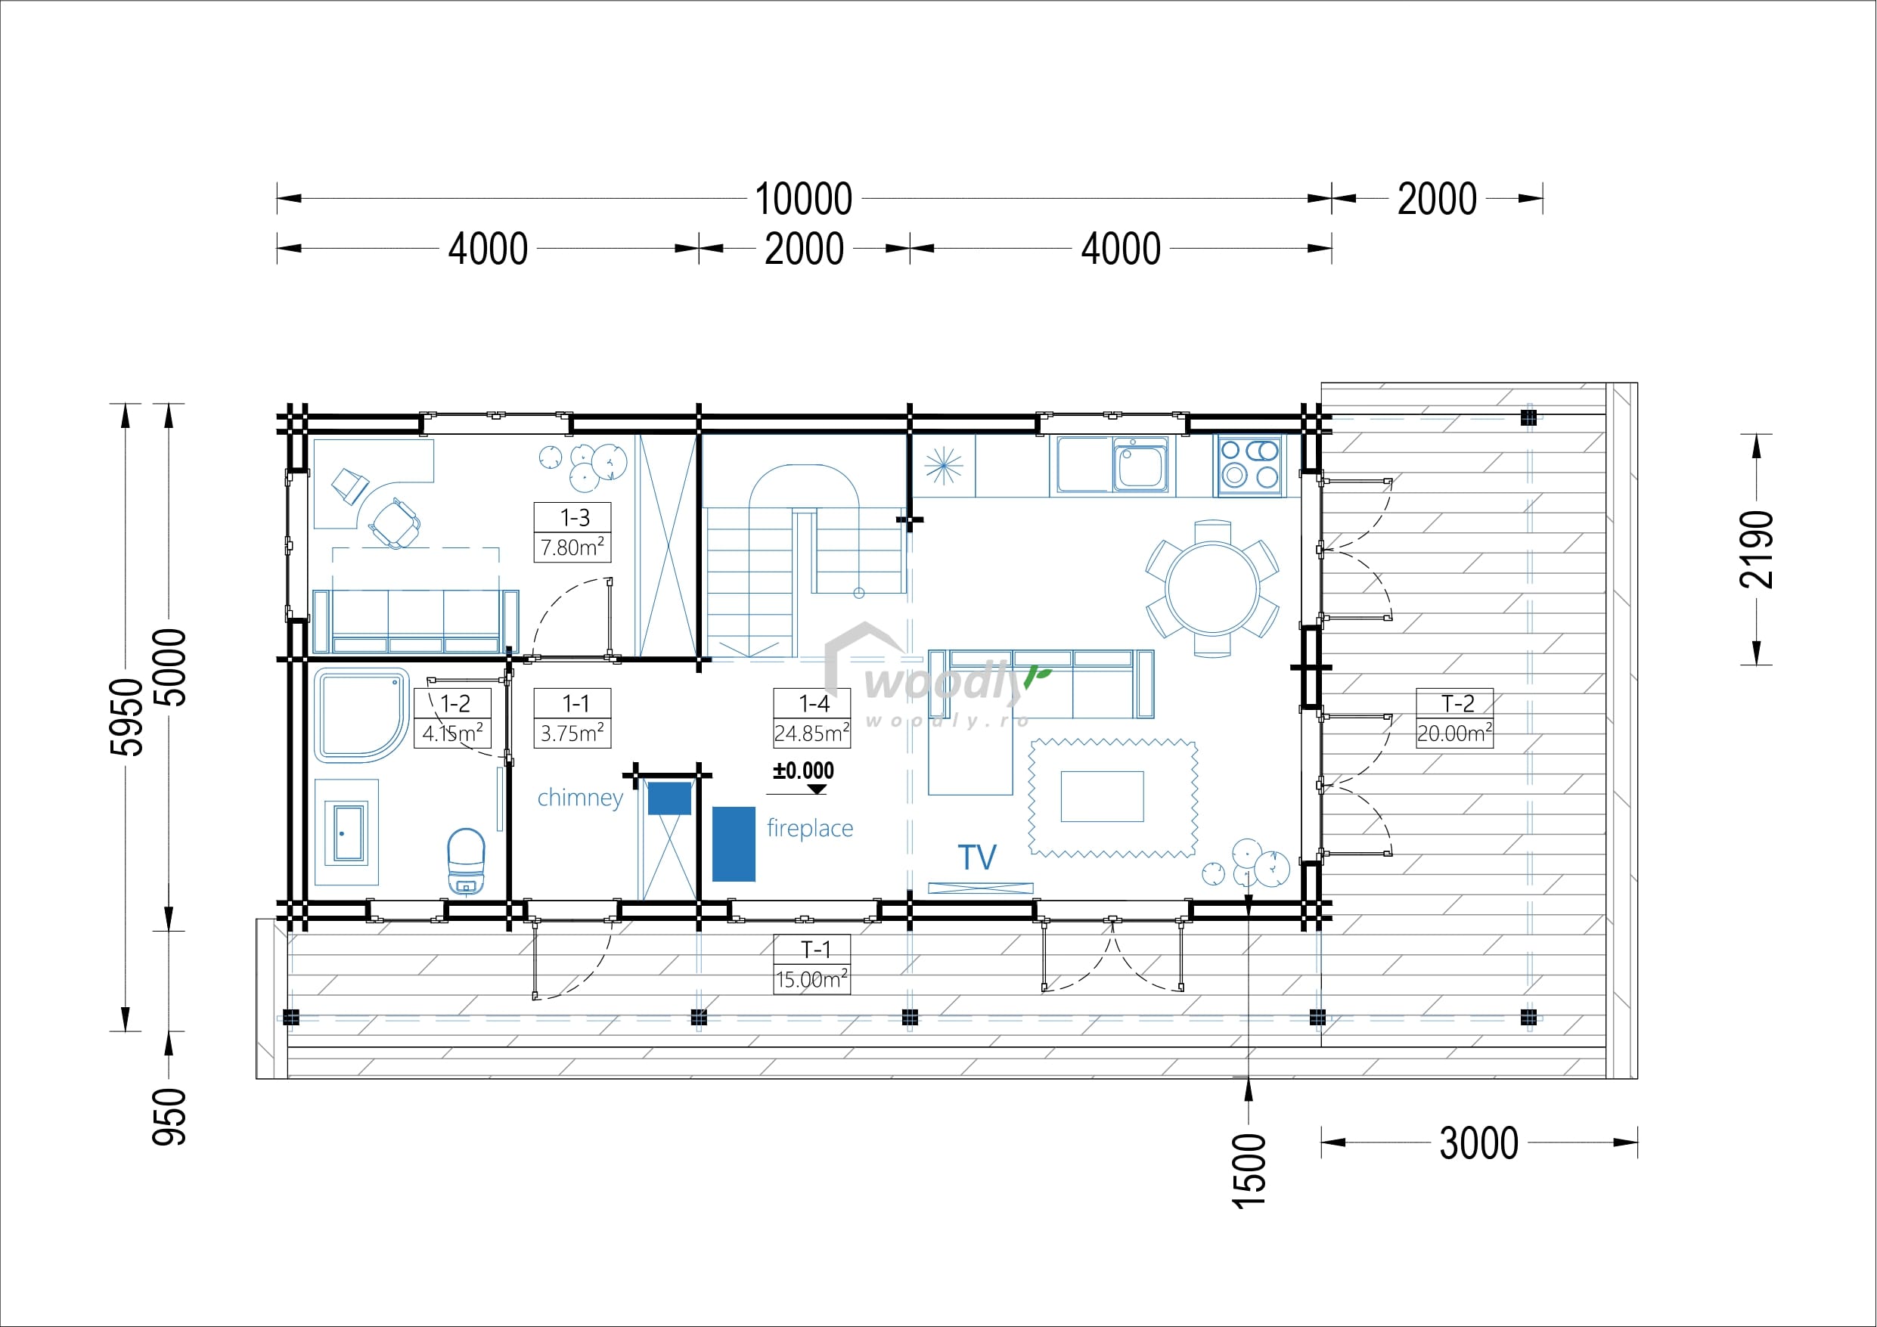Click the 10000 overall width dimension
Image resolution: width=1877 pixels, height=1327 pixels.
pos(804,199)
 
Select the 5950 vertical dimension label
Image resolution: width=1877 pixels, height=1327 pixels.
pos(127,717)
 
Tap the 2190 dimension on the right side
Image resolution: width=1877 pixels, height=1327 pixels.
pos(1756,550)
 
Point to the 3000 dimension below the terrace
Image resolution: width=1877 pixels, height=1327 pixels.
pos(1479,1143)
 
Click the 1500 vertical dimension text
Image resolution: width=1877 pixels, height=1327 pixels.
pos(1249,1170)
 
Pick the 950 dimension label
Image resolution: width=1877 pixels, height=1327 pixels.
pos(169,1117)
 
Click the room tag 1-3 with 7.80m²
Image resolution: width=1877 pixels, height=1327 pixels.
pos(573,532)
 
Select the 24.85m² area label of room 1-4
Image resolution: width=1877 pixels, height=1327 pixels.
pos(811,733)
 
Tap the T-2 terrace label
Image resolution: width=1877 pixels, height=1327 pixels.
pos(1457,703)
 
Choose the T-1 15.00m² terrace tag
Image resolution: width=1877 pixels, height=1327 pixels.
pos(811,964)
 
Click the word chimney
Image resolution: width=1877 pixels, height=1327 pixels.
pos(581,797)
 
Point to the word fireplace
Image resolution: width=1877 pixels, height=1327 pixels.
pos(810,828)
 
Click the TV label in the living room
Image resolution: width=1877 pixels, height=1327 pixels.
pos(977,857)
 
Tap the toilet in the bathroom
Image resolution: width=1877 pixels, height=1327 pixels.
pos(466,860)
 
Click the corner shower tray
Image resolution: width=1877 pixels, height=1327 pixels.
pos(361,715)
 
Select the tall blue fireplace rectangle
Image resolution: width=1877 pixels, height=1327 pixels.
pos(734,844)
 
